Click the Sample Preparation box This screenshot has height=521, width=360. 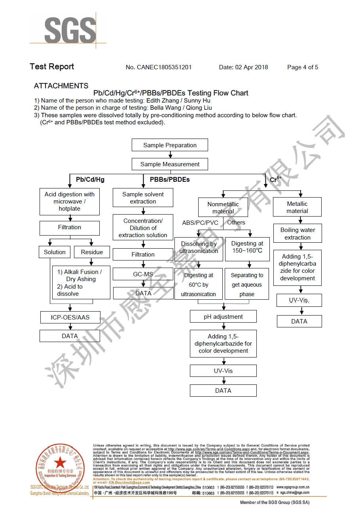(170, 145)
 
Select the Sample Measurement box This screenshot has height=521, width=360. (170, 164)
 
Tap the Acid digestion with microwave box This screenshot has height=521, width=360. (70, 202)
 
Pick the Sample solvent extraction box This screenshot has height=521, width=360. (143, 198)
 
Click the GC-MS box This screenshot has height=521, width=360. (143, 274)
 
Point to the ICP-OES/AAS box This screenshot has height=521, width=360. (70, 318)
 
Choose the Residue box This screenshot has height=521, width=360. (92, 252)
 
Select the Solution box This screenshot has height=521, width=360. (55, 252)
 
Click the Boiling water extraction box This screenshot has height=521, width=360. (297, 234)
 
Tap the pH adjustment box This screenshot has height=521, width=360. (223, 317)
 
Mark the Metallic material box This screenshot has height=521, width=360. (297, 207)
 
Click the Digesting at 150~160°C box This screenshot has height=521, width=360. (247, 247)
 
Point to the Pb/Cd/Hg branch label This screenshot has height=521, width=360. (90, 179)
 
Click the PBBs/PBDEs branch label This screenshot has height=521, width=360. (170, 179)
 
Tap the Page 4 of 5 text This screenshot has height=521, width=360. (303, 67)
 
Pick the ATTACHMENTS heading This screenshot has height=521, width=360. (61, 86)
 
